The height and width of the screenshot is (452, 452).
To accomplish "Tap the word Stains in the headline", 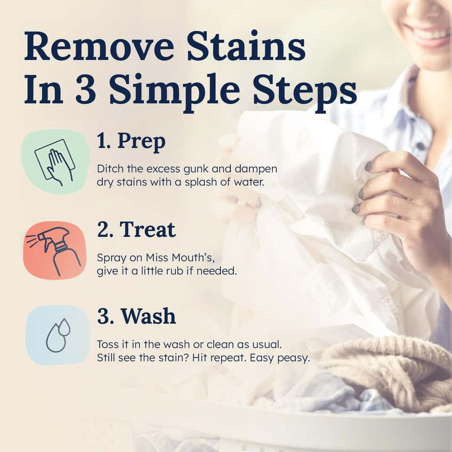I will [x=246, y=47].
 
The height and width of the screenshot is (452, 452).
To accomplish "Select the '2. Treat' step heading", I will [x=136, y=229].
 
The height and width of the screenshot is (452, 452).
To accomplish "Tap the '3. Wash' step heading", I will [x=136, y=316].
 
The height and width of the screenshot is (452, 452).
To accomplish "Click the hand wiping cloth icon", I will [x=55, y=161].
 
